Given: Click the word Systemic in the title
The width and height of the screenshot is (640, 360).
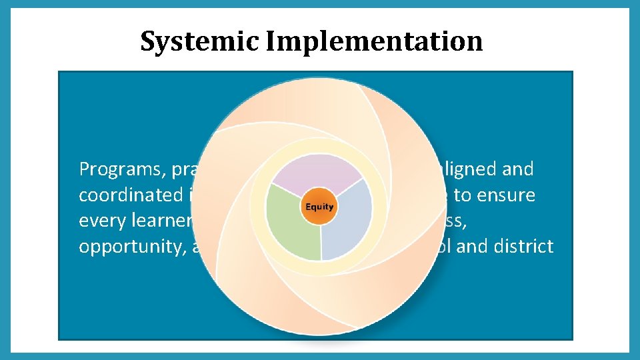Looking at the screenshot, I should (x=199, y=41).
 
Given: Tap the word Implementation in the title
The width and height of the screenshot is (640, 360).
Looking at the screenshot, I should (x=374, y=41).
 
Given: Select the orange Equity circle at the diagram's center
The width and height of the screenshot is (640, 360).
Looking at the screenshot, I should (x=319, y=207).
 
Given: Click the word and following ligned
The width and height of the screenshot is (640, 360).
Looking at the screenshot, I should (x=519, y=169).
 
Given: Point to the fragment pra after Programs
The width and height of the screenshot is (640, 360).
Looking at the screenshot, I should (x=179, y=169).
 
